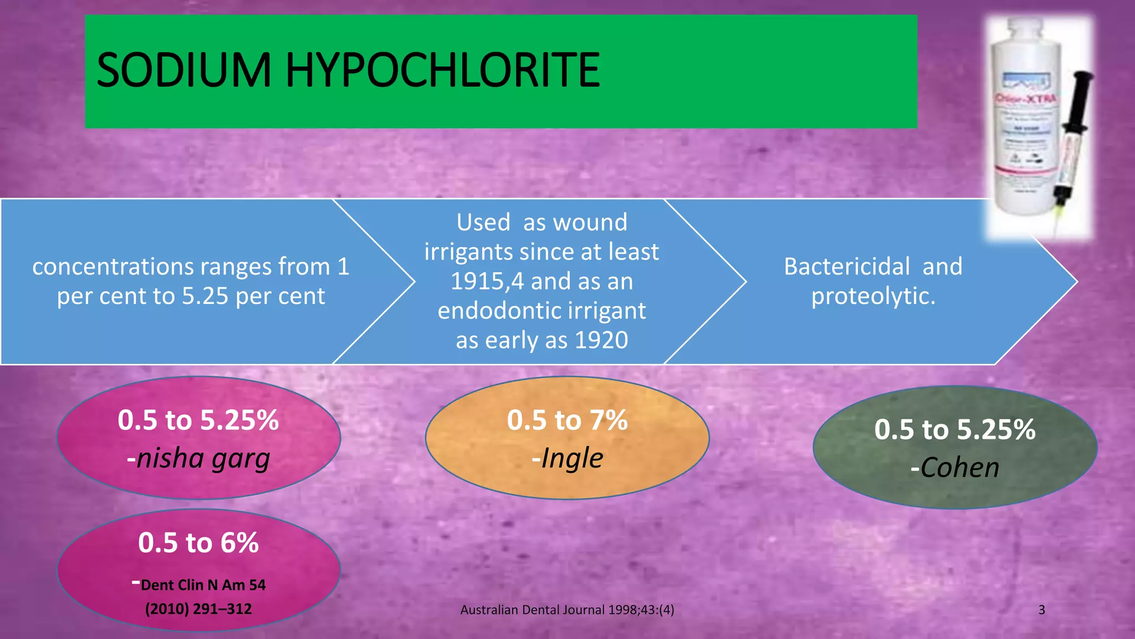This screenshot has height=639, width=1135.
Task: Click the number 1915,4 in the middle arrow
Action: [487, 281]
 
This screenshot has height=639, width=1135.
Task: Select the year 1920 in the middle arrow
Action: [601, 340]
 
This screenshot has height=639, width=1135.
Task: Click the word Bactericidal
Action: [846, 267]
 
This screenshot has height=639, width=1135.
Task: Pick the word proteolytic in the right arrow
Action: [873, 296]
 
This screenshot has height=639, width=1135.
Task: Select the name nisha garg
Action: [203, 459]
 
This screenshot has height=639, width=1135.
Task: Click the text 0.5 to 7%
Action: [567, 420]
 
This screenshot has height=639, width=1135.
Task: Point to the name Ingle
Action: [572, 458]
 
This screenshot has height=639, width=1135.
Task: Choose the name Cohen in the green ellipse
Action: [960, 468]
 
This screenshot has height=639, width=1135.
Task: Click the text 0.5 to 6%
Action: [198, 542]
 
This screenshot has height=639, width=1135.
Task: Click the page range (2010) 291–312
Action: [198, 609]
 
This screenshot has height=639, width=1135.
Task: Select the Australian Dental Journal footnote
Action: [567, 610]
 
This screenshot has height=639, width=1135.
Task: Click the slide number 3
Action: [1041, 610]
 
